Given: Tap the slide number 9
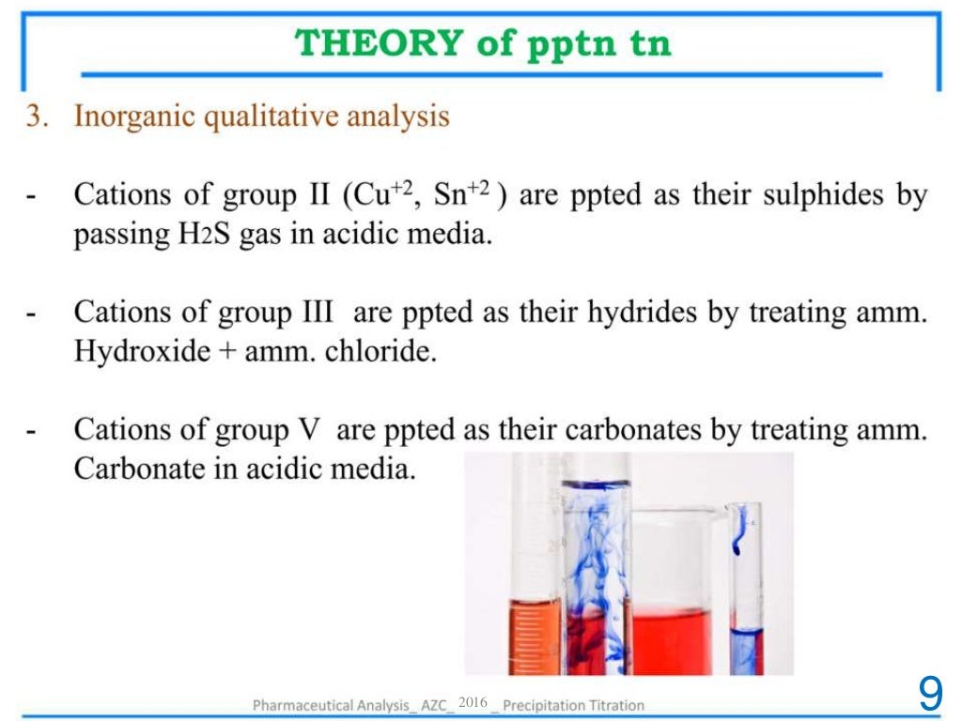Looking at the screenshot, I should (930, 694).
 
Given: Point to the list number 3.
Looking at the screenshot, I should (35, 117).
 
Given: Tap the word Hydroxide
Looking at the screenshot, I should (142, 351).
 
